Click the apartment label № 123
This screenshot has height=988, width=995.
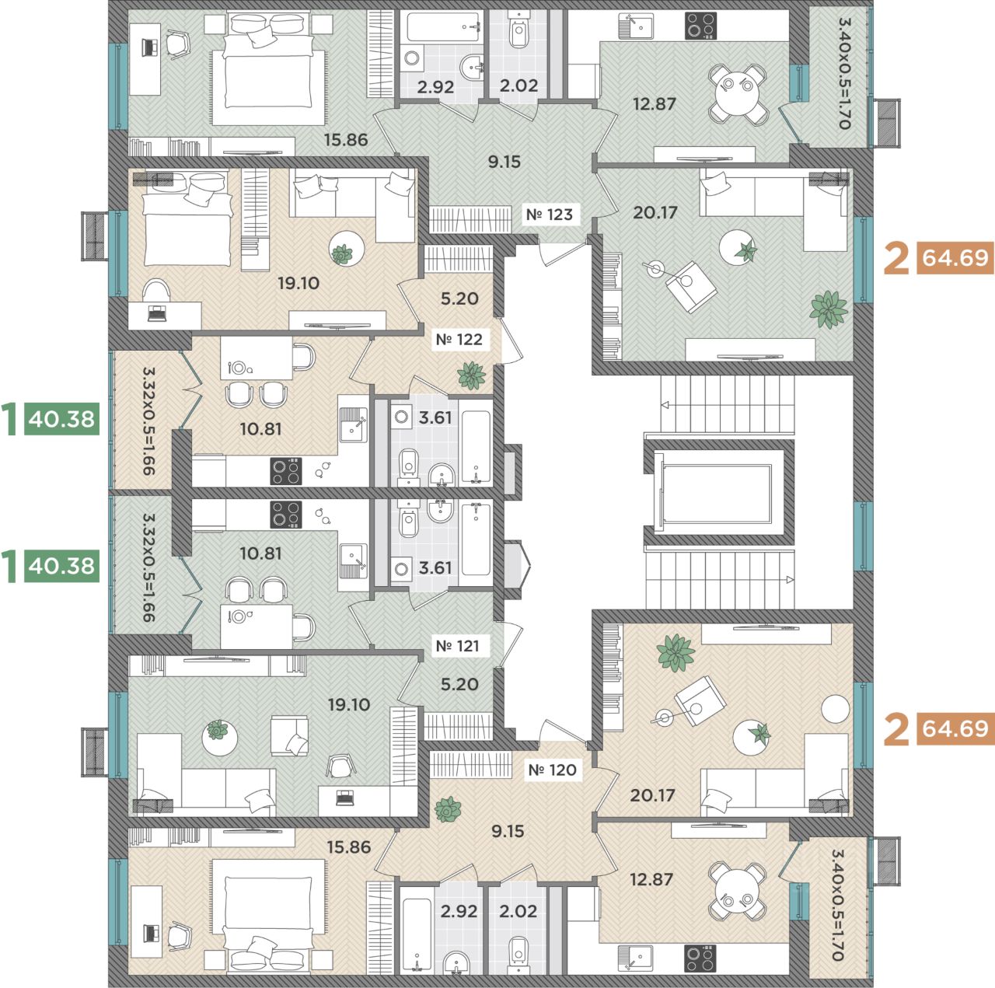pos(550,215)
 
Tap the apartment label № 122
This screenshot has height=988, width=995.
pos(459,340)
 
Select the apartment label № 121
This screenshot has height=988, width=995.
pos(458,646)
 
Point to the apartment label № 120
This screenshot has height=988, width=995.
pos(553,770)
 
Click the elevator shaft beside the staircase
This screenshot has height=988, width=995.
pos(717,493)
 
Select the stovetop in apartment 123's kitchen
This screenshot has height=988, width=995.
pos(700,26)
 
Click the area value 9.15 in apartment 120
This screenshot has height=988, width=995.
pos(508,831)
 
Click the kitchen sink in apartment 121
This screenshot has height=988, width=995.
pos(353,560)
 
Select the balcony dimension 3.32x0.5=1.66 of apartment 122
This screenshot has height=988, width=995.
pos(148,421)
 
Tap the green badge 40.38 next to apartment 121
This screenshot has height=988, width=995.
pos(61,566)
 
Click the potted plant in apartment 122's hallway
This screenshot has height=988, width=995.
pos(471,375)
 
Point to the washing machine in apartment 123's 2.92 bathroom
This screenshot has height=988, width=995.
pos(411,58)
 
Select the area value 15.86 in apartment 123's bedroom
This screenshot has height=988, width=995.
pos(346,139)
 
